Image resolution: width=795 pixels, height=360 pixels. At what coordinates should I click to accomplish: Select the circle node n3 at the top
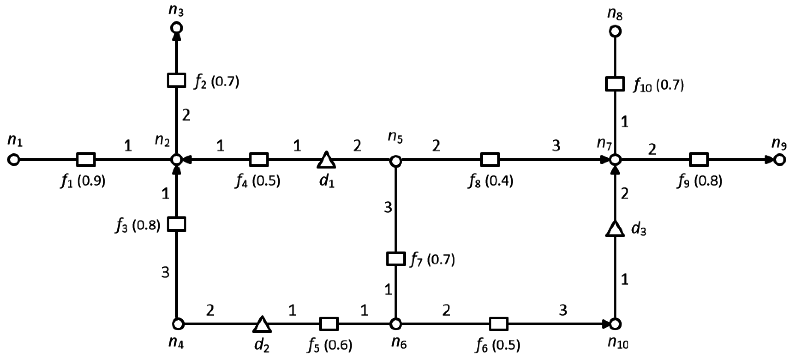177,28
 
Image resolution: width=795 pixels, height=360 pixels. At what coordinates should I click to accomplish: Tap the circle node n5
396,161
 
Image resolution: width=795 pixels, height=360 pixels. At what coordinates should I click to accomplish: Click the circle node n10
615,324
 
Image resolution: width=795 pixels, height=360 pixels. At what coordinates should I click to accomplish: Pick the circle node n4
178,324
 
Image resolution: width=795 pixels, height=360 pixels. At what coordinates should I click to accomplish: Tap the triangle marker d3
615,229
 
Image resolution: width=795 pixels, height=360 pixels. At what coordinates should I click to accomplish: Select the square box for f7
396,259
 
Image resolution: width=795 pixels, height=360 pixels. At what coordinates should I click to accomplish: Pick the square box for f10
615,84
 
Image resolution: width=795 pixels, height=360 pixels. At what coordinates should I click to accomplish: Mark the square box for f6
498,324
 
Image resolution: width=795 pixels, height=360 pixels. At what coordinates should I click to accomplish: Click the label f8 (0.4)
490,181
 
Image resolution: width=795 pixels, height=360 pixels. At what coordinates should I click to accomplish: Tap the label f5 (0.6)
330,345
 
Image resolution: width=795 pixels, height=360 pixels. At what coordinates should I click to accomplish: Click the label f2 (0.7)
216,82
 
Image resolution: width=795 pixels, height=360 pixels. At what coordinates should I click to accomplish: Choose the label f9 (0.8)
700,181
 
